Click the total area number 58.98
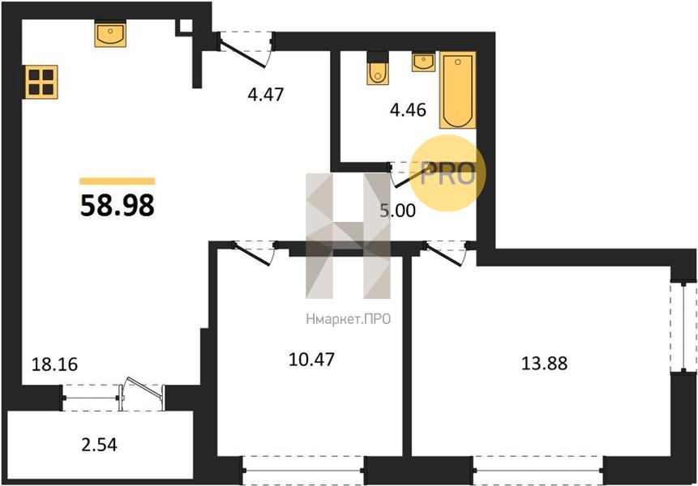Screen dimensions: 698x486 (x=118, y=206)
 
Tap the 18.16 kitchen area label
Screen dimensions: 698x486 (x=55, y=364)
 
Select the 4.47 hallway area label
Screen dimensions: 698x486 (x=266, y=94)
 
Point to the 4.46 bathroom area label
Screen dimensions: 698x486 (x=408, y=109)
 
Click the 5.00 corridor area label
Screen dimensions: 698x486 (x=397, y=211)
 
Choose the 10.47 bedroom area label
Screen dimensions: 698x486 (x=311, y=360)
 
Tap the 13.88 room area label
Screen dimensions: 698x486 (x=545, y=363)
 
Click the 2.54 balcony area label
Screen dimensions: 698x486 (x=99, y=444)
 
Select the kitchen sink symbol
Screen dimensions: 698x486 (x=110, y=35)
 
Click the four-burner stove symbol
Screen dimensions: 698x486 (x=41, y=82)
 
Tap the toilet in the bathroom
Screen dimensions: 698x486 (x=378, y=69)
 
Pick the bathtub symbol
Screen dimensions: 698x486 (x=457, y=90)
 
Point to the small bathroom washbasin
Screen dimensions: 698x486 (x=423, y=62)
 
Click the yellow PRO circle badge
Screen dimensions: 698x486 (x=447, y=173)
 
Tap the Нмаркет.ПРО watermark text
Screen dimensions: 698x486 (x=349, y=319)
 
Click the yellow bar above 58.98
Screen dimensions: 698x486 (x=118, y=181)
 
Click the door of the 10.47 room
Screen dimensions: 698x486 (x=255, y=253)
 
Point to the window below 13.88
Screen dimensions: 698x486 (x=537, y=471)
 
